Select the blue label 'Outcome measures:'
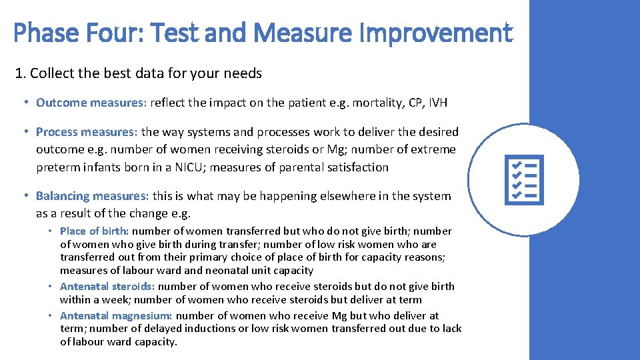[91, 103]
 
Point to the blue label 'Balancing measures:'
[93, 196]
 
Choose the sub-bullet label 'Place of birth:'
[95, 231]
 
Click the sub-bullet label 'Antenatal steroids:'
[107, 287]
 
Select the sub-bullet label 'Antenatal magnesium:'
[116, 316]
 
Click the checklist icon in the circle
[525, 180]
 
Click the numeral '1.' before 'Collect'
[21, 73]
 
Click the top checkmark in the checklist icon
[515, 164]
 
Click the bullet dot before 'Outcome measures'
[25, 103]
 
